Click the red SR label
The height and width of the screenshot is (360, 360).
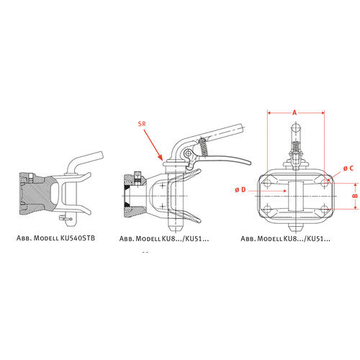[x=142, y=124]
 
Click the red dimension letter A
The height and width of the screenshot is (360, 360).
[x=294, y=112]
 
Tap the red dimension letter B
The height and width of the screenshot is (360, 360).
[x=356, y=196]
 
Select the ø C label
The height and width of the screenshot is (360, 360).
[x=348, y=168]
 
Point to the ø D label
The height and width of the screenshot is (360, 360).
[x=240, y=190]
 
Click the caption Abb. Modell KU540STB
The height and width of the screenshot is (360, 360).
[x=55, y=238]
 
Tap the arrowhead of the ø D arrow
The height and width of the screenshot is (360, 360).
[x=284, y=191]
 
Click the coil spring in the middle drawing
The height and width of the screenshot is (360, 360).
[x=204, y=147]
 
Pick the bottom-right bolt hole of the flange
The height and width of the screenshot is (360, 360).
[x=324, y=209]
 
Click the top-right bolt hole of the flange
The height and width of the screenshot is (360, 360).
[x=324, y=184]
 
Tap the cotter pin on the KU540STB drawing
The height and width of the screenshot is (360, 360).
[x=65, y=218]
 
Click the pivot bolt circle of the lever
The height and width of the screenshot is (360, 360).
[x=188, y=153]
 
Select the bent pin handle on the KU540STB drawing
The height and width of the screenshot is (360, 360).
[x=84, y=161]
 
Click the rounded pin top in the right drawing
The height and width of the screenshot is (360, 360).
[x=297, y=127]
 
